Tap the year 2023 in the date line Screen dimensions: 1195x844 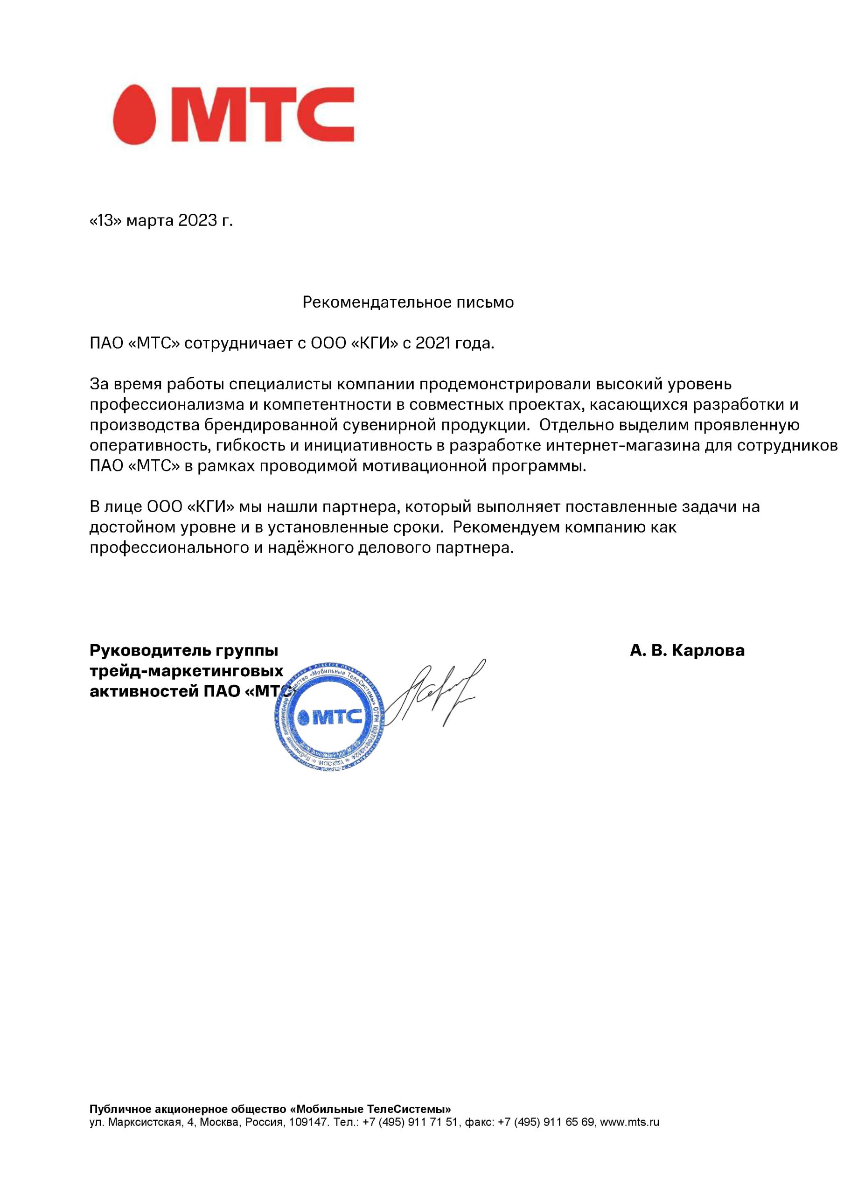[197, 221]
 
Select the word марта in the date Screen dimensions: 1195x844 [150, 221]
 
